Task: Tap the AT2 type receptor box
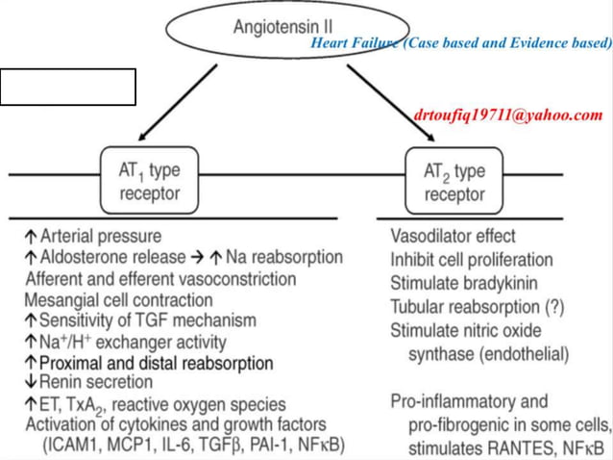(x=454, y=180)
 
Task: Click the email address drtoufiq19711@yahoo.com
(x=508, y=115)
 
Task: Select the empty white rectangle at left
(x=68, y=88)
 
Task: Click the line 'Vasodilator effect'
(x=453, y=236)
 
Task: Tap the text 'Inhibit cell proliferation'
(x=471, y=260)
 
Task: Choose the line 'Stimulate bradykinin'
(x=463, y=283)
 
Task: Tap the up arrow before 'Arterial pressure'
(x=32, y=236)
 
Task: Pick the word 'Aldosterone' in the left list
(x=82, y=257)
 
